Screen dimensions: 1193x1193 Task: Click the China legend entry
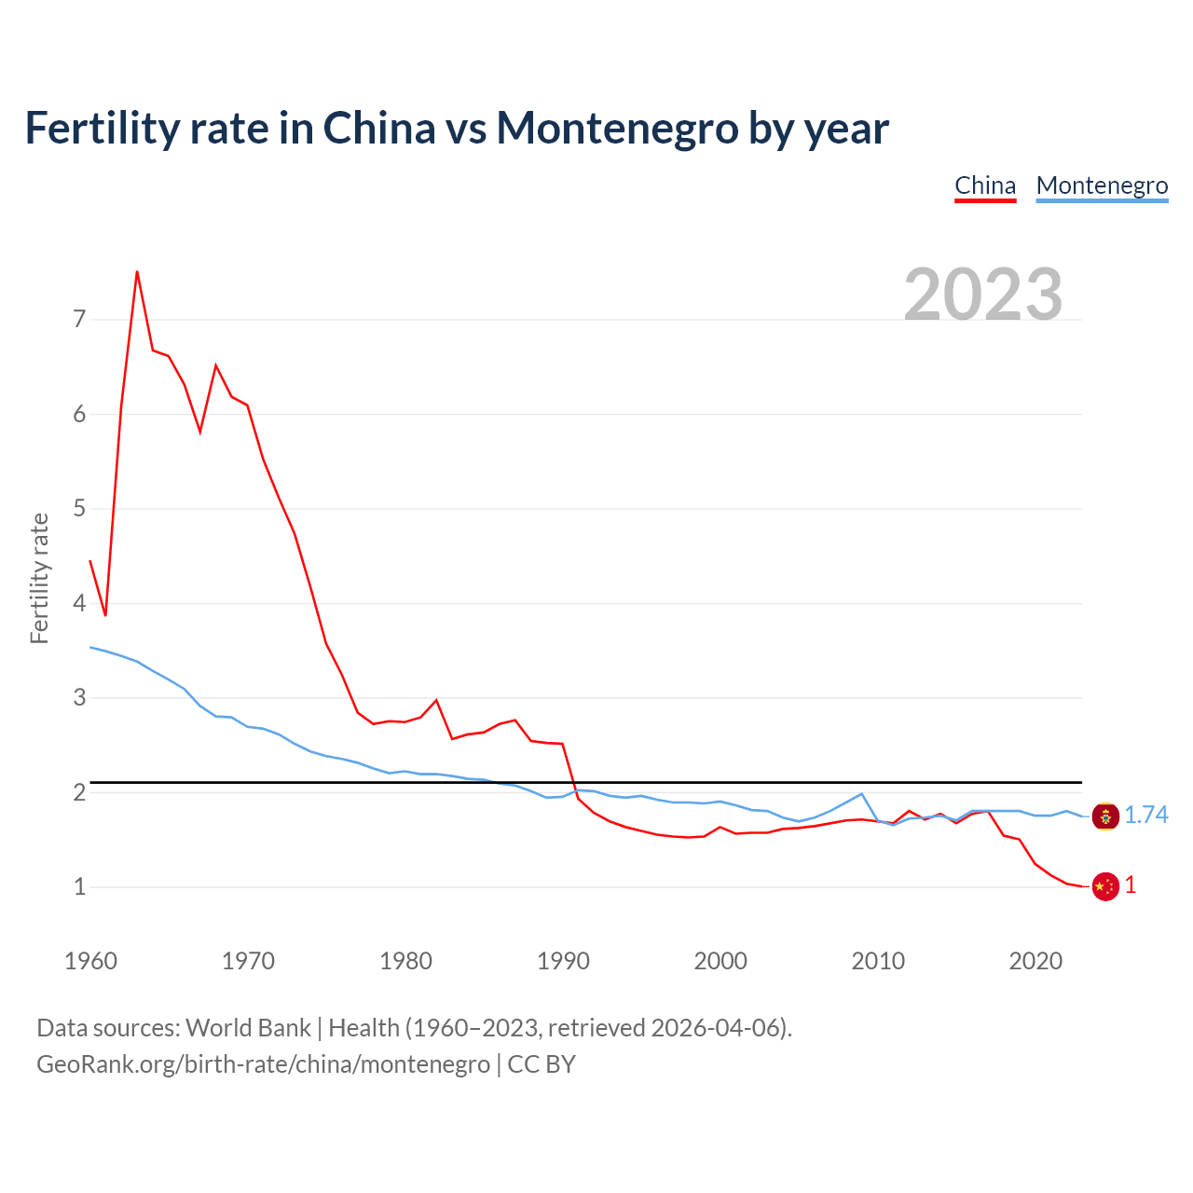[x=985, y=185]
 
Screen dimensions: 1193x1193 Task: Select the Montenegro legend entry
[x=1102, y=185]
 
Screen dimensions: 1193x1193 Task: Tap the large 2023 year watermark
[x=983, y=295]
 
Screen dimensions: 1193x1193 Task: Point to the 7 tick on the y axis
[x=79, y=320]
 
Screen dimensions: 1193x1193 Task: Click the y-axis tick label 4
[x=79, y=603]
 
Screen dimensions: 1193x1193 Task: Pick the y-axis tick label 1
[x=79, y=886]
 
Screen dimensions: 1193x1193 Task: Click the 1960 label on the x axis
[x=90, y=961]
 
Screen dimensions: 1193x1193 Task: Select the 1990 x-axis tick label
[x=563, y=961]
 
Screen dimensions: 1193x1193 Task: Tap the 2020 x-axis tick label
[x=1035, y=961]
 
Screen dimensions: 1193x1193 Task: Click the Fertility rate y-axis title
[x=39, y=578]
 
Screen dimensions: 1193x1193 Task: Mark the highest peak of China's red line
[x=137, y=272]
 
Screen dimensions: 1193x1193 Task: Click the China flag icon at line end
[x=1105, y=886]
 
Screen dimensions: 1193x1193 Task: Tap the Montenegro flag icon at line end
[x=1105, y=816]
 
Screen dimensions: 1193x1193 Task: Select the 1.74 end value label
[x=1146, y=816]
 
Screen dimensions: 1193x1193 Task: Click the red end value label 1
[x=1131, y=885]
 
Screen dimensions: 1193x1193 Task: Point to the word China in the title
[x=378, y=128]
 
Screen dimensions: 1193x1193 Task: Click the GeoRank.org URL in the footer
[x=263, y=1063]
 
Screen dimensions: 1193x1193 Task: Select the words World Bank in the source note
[x=248, y=1027]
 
